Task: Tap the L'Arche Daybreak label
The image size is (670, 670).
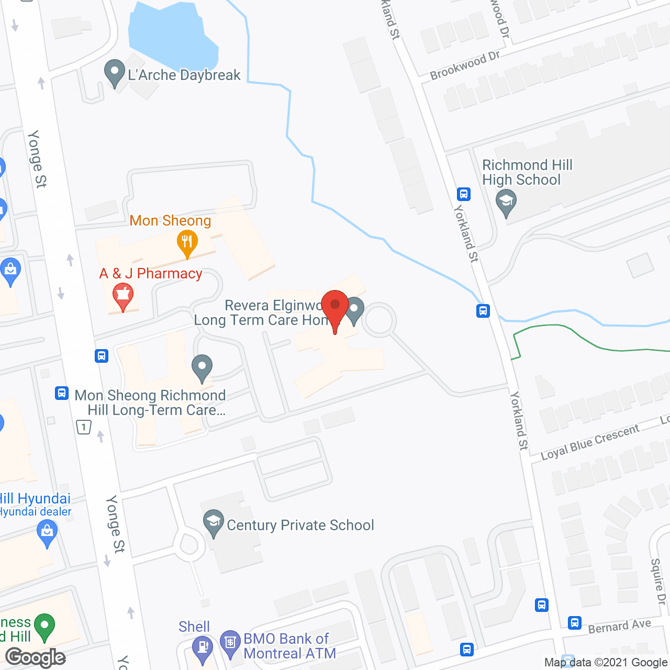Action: click(184, 75)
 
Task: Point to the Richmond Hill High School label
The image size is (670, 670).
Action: click(527, 173)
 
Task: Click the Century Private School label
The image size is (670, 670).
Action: click(300, 525)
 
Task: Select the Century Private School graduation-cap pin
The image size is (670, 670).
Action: click(213, 522)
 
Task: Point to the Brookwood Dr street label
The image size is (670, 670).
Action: click(465, 66)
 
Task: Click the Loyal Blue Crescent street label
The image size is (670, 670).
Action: click(590, 442)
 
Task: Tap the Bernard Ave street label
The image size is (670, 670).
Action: click(619, 626)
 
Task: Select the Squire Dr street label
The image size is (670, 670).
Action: click(658, 582)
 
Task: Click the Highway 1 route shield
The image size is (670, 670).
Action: click(84, 427)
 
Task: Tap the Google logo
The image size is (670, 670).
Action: click(36, 657)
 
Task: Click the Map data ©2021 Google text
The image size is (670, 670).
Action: click(606, 663)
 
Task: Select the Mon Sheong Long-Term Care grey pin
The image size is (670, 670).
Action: click(202, 367)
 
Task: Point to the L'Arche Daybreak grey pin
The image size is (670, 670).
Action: click(114, 73)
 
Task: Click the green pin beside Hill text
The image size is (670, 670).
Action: click(44, 626)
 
